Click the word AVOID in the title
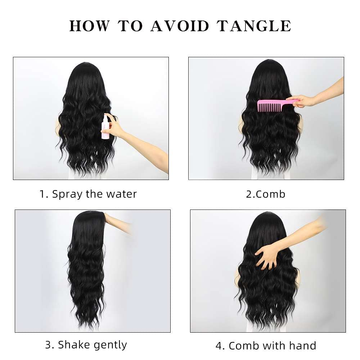[x=180, y=26]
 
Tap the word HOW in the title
[x=90, y=26]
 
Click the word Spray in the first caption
[x=68, y=194]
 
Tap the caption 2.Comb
[x=266, y=194]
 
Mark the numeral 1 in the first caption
[x=43, y=194]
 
